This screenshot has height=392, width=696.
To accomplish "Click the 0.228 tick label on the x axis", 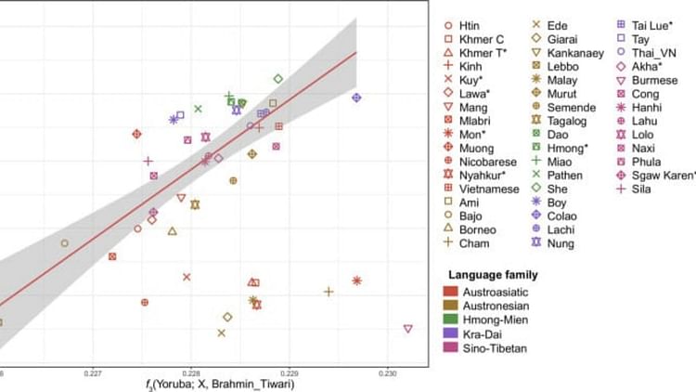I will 189,373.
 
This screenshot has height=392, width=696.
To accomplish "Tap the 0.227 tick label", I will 91,373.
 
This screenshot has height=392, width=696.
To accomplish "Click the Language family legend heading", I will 493,275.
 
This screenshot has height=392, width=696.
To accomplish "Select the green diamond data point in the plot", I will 277,79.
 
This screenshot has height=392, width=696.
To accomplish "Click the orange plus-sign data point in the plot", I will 329,291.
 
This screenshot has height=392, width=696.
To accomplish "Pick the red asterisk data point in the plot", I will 356,281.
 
